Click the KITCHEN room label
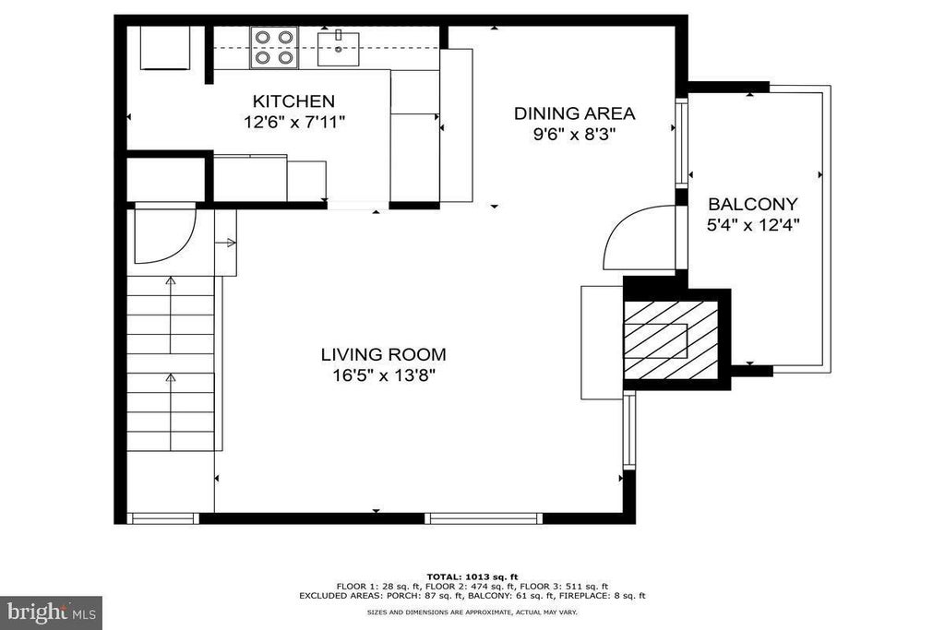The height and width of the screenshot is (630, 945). [293, 101]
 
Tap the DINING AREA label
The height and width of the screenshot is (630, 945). [574, 113]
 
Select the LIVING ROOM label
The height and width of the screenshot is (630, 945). [383, 354]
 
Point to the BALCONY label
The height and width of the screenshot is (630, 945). [753, 204]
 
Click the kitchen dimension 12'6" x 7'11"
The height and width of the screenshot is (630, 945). [294, 123]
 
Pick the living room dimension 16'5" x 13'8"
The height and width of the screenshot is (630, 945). [384, 375]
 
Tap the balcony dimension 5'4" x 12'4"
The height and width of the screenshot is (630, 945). [753, 225]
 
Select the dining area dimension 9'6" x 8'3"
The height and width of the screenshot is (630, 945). [574, 134]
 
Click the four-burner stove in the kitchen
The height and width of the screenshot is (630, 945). [274, 48]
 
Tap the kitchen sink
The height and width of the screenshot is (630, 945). [338, 48]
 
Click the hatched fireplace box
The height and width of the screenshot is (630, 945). [672, 340]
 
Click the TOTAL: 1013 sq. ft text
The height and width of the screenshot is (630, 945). [472, 577]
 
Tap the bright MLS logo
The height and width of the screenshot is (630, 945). [52, 612]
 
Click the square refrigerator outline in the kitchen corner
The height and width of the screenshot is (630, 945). [165, 48]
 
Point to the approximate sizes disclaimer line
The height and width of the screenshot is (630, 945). [472, 612]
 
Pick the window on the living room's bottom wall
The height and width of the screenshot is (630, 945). [484, 518]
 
